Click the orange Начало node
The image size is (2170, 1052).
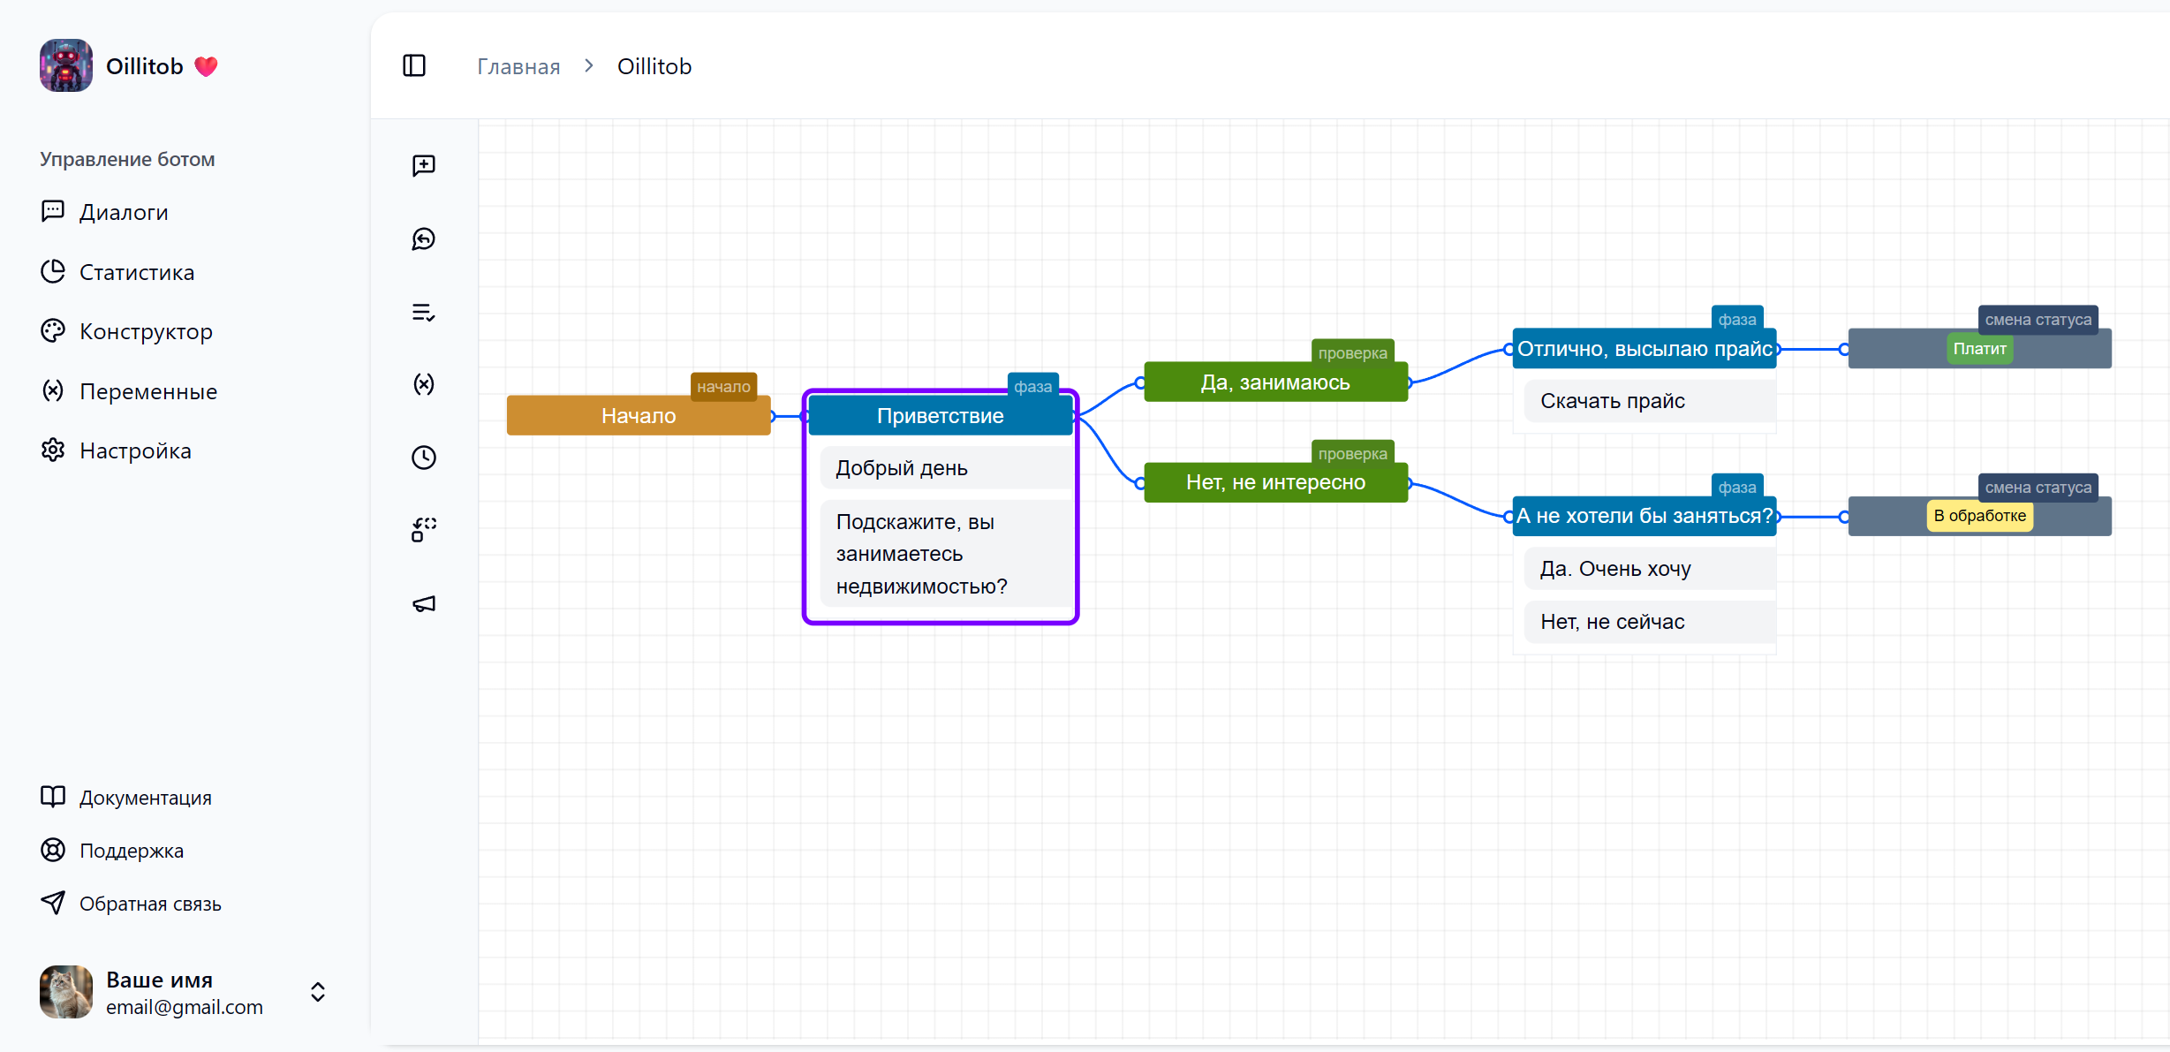coord(639,415)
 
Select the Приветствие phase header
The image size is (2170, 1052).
coord(940,415)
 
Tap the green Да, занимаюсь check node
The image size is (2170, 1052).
coord(1274,382)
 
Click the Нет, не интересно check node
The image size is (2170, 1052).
coord(1274,482)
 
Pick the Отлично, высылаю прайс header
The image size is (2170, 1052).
coord(1644,349)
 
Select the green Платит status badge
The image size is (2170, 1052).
coord(1979,349)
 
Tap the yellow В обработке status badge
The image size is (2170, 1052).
coord(1979,516)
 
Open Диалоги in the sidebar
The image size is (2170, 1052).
coord(123,212)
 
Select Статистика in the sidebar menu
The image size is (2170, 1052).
coord(136,272)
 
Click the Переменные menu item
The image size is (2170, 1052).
coord(147,391)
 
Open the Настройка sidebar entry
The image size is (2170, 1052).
coord(134,450)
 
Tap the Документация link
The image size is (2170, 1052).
coord(145,798)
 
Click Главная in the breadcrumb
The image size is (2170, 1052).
coord(518,66)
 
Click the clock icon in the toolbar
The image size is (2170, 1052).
coord(424,457)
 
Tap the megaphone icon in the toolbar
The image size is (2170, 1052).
coord(424,604)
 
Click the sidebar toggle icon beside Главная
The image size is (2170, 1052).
coord(414,66)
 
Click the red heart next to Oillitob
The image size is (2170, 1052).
coord(206,66)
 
